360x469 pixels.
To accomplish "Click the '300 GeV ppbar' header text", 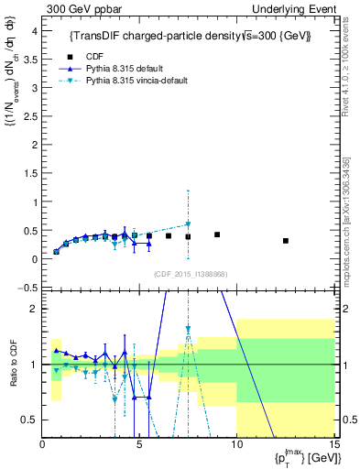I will (80, 9).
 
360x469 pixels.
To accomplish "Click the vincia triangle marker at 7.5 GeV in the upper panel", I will (188, 224).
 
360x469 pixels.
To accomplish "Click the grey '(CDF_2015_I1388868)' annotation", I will (190, 274).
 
